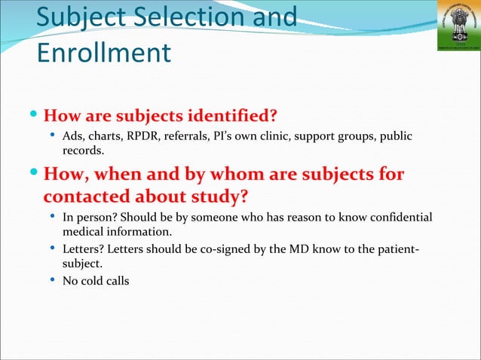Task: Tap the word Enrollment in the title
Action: pos(103,53)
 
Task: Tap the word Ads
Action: pos(73,136)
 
